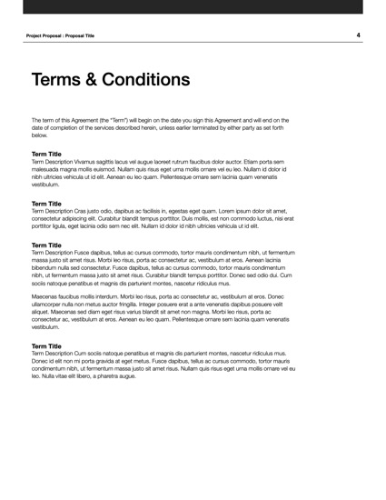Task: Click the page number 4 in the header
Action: point(359,35)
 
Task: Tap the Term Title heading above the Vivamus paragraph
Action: point(46,154)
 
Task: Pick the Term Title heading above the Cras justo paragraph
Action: point(46,204)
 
